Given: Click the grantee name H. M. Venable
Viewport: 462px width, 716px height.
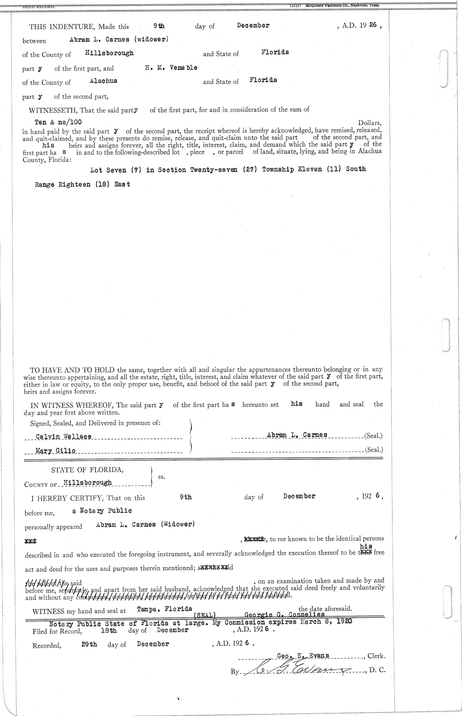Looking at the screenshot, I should pos(171,68).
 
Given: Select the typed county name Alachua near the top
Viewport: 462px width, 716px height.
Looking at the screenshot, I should pos(103,81).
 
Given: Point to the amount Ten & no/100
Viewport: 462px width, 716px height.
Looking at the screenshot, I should pos(58,122).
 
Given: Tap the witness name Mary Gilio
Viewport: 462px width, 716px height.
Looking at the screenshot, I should pos(55,450).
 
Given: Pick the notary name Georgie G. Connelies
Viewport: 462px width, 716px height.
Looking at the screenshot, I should pos(285,614).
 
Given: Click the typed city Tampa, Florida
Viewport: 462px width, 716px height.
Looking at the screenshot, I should pos(164,609).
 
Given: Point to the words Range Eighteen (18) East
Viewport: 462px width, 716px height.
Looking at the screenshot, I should pos(82,184).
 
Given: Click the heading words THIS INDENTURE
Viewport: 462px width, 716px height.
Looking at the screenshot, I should pos(62,27).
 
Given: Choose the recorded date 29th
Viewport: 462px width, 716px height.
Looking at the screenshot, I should pos(89,644).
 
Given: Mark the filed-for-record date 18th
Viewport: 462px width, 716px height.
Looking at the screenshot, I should pos(109,631).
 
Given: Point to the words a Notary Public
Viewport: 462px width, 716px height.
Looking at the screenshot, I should pos(102,511).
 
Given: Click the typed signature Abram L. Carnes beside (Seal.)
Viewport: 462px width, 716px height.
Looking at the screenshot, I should pos(297,435).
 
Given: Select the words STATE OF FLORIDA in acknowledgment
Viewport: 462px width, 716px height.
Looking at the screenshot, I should pos(87,470).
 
